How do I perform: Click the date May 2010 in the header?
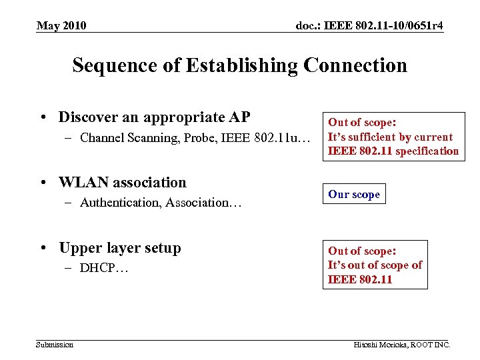point(61,26)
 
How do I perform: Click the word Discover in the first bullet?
point(87,117)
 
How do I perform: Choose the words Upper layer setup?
point(120,248)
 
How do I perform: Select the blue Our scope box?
point(354,195)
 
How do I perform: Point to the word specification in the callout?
point(427,151)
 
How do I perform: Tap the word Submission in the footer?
point(55,344)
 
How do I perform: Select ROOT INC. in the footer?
point(432,345)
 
